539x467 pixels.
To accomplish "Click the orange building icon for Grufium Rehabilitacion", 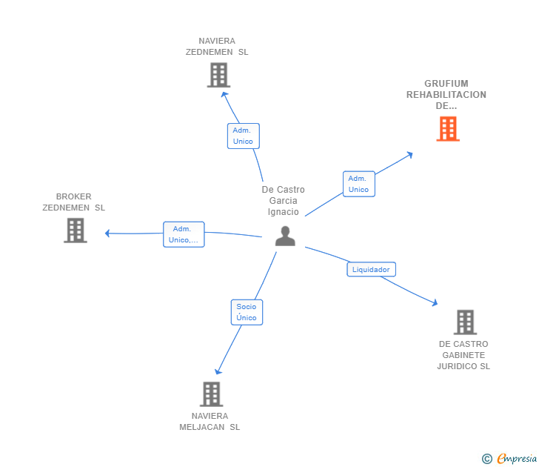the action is [448, 129].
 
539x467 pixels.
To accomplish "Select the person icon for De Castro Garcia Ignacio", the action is [285, 236].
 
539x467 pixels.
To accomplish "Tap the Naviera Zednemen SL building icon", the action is [218, 75].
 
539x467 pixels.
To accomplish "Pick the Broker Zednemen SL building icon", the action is [76, 231].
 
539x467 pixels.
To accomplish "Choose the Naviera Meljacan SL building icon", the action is [211, 394].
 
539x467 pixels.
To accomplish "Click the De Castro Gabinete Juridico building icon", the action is [465, 322].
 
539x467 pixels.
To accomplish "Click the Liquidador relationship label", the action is [371, 270].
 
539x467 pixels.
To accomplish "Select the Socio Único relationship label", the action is [247, 312].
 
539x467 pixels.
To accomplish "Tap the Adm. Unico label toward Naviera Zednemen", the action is [243, 136].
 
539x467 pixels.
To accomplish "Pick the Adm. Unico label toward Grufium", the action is [358, 184].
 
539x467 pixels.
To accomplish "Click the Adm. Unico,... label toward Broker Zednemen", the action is [184, 234].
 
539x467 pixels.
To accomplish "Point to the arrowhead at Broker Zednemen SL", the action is [108, 233].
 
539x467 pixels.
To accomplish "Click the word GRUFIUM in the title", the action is [446, 84].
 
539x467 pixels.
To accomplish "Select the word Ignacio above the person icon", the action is [284, 212].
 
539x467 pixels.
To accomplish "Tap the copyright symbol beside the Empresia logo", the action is [486, 459].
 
